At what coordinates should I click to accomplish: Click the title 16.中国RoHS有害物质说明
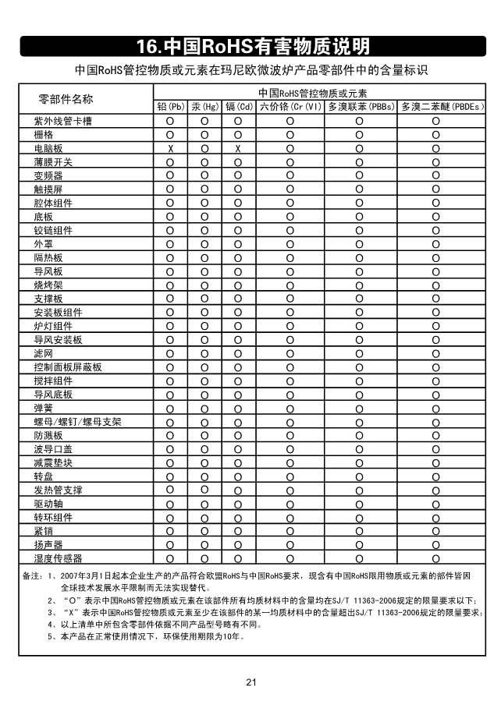250,46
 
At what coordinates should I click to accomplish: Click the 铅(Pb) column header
171,106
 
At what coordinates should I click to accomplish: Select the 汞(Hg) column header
205,106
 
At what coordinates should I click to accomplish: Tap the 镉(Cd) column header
239,106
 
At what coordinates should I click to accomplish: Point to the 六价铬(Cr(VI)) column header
290,106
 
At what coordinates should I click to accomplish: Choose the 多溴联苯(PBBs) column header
361,106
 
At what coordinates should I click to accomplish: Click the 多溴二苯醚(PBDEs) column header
437,106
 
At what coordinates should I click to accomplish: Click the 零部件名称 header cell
66,99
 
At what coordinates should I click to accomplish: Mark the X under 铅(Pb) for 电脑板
169,148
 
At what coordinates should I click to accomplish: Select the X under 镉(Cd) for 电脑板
238,148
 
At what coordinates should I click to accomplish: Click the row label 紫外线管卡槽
62,122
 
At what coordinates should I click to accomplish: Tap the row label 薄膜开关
53,162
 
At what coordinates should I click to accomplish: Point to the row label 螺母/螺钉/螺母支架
77,422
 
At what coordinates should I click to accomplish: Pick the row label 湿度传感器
58,558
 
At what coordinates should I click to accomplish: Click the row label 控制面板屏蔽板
68,367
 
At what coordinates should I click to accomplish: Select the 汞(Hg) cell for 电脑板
204,148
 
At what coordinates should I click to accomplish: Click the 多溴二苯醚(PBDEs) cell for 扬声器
435,544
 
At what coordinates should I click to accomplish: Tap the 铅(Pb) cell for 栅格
169,135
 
